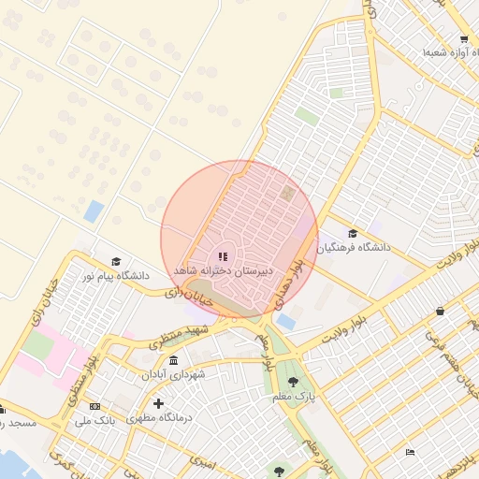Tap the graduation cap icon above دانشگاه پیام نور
point(116,262)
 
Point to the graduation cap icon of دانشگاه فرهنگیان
point(353,234)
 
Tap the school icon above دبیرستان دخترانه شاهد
point(222,255)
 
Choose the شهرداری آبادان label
point(174,373)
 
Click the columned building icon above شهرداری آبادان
point(175,359)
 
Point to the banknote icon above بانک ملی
point(94,406)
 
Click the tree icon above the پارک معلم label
point(294,382)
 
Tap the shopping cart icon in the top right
point(464,39)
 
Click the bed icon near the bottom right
point(410,453)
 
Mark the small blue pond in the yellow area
point(94,211)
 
